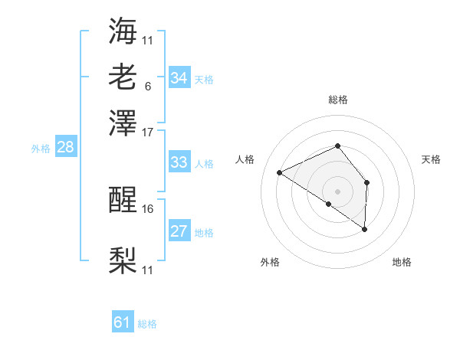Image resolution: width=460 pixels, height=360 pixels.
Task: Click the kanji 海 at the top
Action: pos(123,31)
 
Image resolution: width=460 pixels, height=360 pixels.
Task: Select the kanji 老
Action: pos(123,77)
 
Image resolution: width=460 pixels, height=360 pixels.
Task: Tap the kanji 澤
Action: pos(123,122)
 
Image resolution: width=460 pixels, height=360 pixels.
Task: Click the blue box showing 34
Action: pos(179,78)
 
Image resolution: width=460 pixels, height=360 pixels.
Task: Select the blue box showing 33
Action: pos(179,162)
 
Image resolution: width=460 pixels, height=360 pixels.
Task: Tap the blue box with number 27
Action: pos(179,231)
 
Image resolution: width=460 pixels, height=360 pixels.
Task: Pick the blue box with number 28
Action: pos(65,148)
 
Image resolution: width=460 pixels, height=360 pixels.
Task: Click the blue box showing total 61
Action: pos(123,323)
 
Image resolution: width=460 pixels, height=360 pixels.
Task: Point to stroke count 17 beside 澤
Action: pos(148,132)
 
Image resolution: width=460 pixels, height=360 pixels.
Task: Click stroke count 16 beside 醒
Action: pos(148,208)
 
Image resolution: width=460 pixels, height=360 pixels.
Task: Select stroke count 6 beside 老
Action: pos(147,86)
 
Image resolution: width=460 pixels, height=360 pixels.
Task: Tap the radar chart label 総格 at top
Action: pos(337,100)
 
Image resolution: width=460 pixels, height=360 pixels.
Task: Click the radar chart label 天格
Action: pos(432,159)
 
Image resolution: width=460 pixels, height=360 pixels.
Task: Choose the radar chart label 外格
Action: pos(270,262)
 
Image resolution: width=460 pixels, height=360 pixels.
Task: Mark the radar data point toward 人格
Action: pos(280,172)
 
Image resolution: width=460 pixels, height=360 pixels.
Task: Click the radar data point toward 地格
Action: pos(365,229)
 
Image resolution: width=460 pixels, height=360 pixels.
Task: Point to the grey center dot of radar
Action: pos(337,191)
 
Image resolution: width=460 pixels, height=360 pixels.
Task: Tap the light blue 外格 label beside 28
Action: pos(40,149)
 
